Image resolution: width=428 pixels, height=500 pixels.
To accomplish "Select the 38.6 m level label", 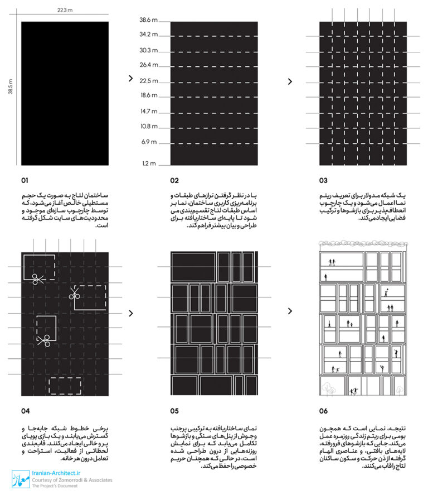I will coord(149,20).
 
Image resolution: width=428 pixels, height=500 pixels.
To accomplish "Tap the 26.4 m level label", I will coord(149,65).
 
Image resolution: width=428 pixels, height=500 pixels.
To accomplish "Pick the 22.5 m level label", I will coord(149,80).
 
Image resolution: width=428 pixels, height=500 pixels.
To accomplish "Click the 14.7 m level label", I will coord(149,111).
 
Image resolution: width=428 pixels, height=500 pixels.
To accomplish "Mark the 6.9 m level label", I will coord(149,142).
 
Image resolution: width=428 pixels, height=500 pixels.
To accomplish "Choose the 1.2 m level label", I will coord(149,164).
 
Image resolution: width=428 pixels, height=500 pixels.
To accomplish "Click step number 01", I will coord(25,181).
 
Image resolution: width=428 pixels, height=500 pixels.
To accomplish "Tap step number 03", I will coord(323,181).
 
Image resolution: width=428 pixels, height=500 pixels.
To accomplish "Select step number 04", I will coord(26,411).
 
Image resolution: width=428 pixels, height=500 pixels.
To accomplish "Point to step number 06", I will coord(324,411).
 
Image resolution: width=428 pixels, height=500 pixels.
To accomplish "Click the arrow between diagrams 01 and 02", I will coord(130,79).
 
